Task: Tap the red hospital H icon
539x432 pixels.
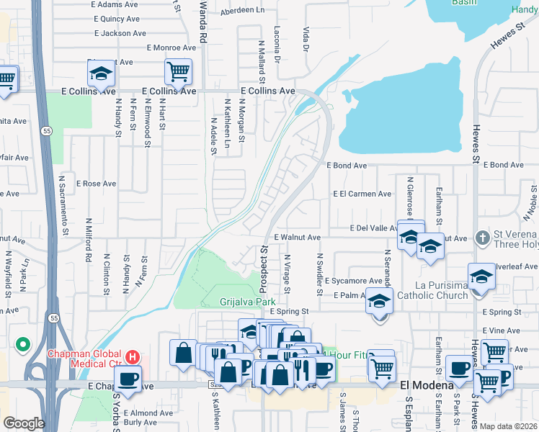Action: (133, 356)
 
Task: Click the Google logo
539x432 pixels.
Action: (24, 423)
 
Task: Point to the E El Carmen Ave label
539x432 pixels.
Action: (362, 194)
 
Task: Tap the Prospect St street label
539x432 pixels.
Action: (264, 264)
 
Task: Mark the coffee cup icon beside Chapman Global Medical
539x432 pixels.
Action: (128, 379)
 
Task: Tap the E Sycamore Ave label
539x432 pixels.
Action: (353, 281)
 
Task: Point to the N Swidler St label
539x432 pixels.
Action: (318, 274)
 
